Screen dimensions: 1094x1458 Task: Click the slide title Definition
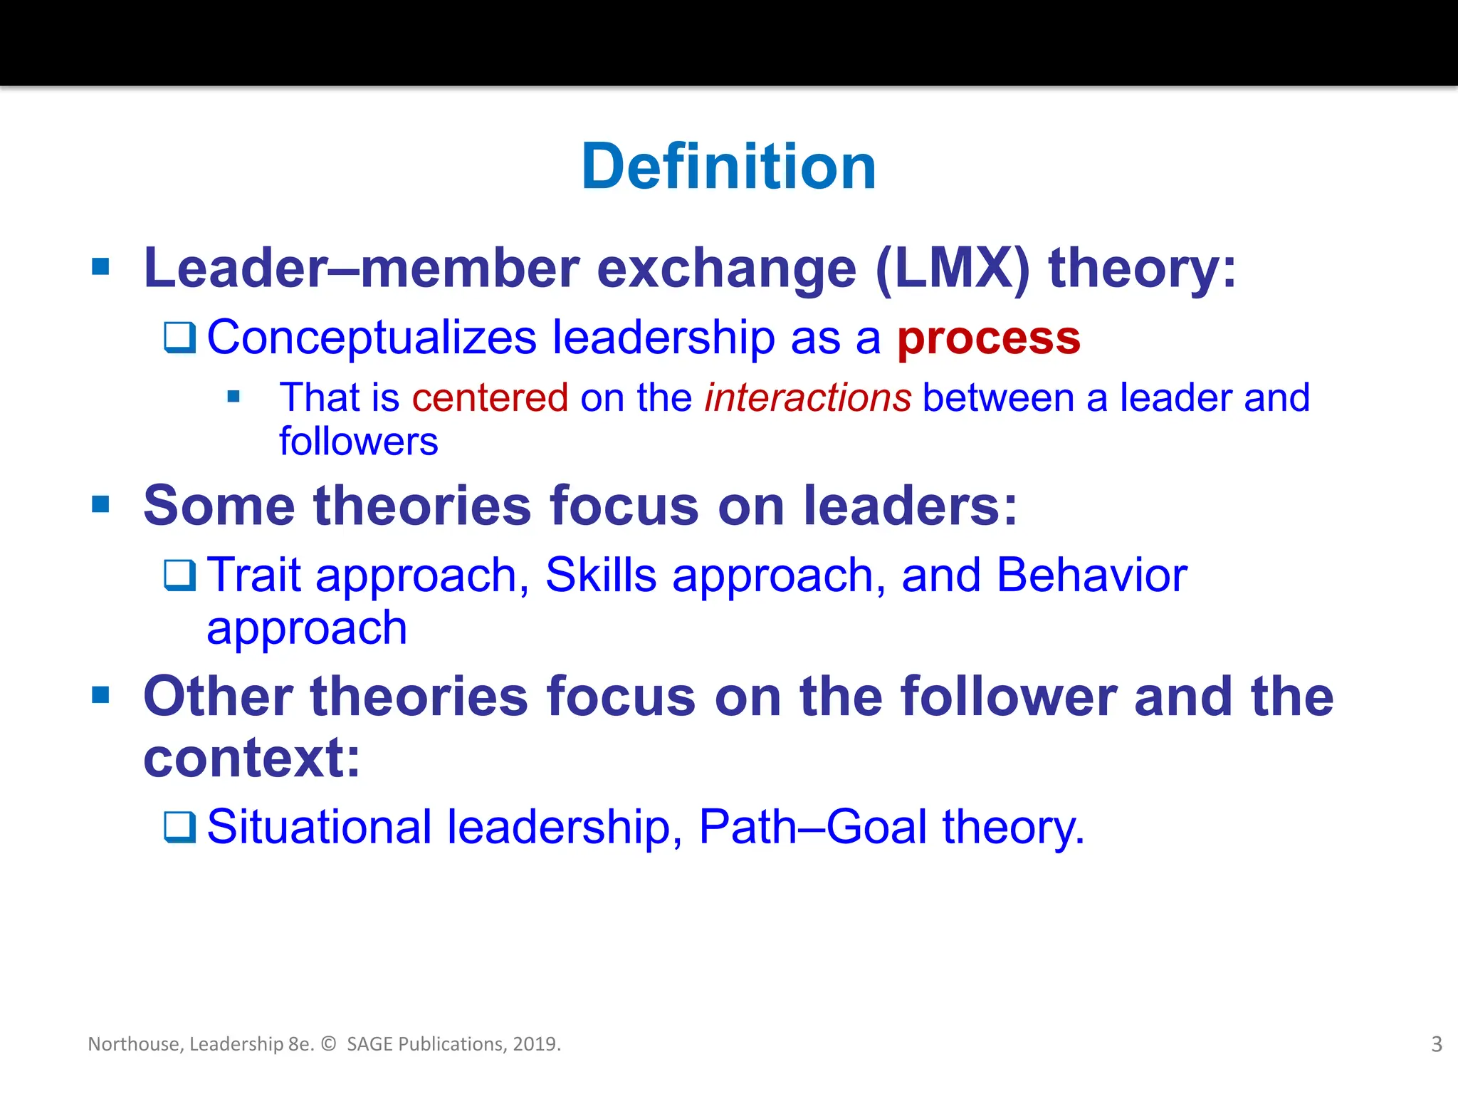[x=728, y=167]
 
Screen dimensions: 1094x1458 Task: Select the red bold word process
[x=988, y=339]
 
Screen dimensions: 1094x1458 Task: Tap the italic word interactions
[x=807, y=397]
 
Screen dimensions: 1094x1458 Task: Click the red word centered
[x=490, y=397]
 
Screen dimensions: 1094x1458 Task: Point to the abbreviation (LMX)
[x=952, y=269]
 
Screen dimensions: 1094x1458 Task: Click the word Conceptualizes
[x=371, y=338]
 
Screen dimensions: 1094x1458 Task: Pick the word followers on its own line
[x=358, y=442]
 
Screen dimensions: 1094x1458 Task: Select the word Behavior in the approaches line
[x=1091, y=575]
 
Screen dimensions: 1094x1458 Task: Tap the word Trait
[x=254, y=575]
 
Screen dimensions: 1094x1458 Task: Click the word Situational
[x=319, y=827]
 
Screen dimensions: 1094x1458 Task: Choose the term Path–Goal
[x=812, y=827]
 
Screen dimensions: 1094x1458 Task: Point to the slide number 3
[x=1436, y=1044]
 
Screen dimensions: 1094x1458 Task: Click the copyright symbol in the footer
[x=328, y=1044]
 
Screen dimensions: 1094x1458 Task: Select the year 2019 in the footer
[x=534, y=1044]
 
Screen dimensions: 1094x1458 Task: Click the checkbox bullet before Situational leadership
[x=179, y=827]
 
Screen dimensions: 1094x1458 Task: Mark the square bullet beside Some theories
[x=101, y=505]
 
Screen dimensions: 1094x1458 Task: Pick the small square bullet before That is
[x=234, y=397]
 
